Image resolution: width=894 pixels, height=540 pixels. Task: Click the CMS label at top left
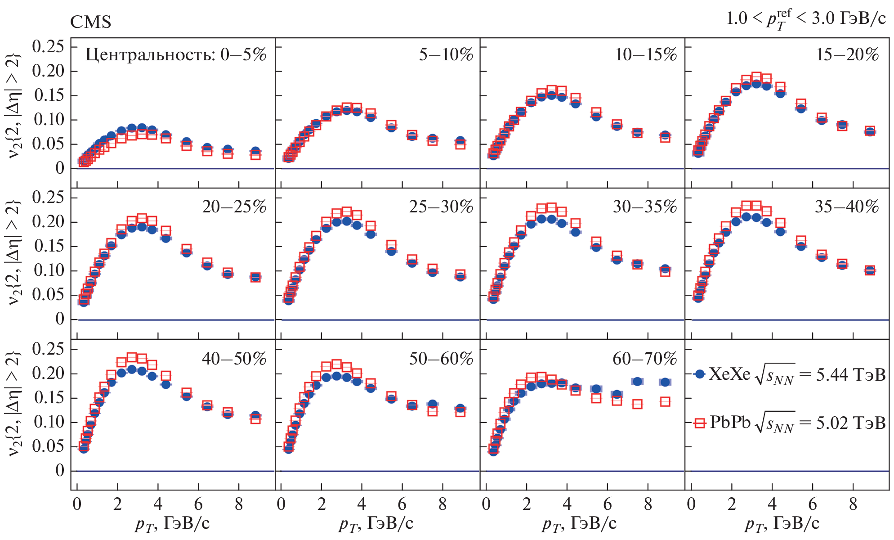(x=90, y=22)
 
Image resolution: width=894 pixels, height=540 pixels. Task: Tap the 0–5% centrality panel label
(x=176, y=55)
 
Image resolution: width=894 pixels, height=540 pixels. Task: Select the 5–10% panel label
(x=446, y=55)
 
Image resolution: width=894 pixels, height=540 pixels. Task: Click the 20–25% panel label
(x=234, y=207)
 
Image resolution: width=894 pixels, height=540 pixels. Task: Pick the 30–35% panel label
(x=645, y=207)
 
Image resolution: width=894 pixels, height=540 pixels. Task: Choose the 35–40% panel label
(x=847, y=207)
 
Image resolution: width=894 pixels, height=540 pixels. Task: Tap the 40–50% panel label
(x=234, y=359)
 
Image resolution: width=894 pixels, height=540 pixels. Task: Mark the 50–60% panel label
(x=441, y=359)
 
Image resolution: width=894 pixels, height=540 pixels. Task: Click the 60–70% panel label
(x=645, y=359)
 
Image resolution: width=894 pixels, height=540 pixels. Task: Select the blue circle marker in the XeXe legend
(x=699, y=374)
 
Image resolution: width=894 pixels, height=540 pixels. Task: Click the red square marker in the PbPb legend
(x=700, y=423)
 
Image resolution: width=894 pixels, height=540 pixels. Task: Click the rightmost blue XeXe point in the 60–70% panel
(x=665, y=382)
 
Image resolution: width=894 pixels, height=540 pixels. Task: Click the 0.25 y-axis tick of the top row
(x=48, y=46)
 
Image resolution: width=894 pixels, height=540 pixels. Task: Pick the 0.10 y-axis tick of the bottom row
(x=48, y=422)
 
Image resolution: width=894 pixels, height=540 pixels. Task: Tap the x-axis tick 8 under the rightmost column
(x=853, y=504)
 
